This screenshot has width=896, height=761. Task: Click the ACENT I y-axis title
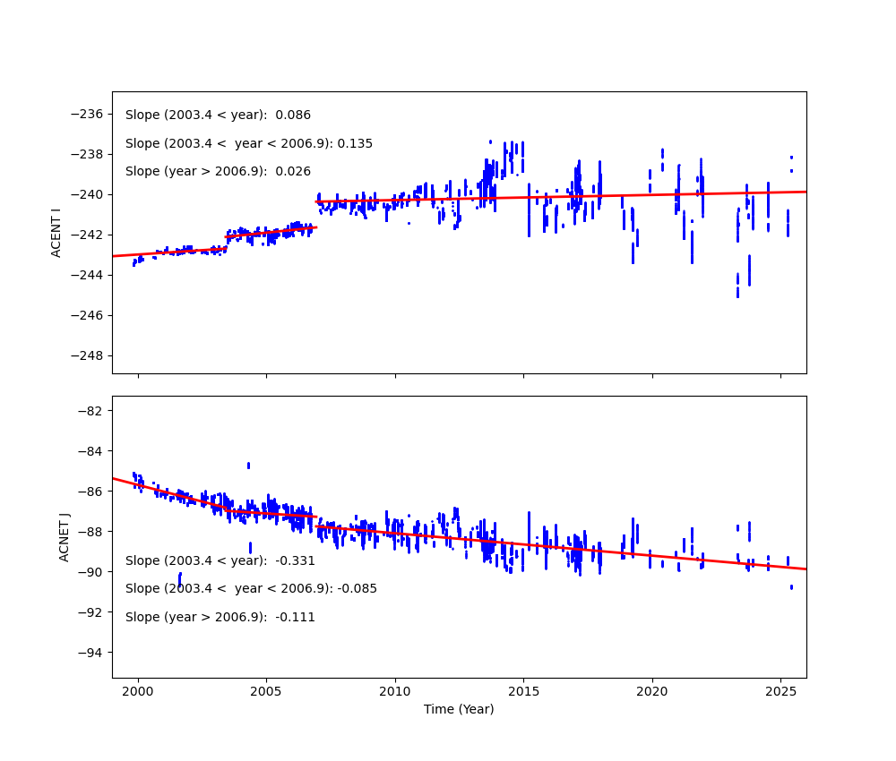click(56, 233)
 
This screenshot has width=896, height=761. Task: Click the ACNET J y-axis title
click(65, 537)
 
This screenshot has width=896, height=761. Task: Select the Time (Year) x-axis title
click(459, 709)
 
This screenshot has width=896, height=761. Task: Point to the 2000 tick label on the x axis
click(138, 691)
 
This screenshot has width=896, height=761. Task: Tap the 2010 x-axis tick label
click(395, 691)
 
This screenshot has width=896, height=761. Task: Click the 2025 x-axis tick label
click(780, 691)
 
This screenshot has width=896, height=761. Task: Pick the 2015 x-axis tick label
click(523, 691)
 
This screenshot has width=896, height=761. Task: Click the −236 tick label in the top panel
click(87, 114)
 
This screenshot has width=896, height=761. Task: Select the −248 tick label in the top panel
click(87, 355)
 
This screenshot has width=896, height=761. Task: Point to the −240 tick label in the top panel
click(87, 194)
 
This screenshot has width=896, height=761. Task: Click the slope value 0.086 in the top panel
click(293, 115)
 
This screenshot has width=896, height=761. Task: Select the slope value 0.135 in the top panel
click(355, 143)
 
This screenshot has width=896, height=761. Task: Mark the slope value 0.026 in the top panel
click(293, 172)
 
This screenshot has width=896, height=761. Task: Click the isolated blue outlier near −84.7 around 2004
click(248, 466)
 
